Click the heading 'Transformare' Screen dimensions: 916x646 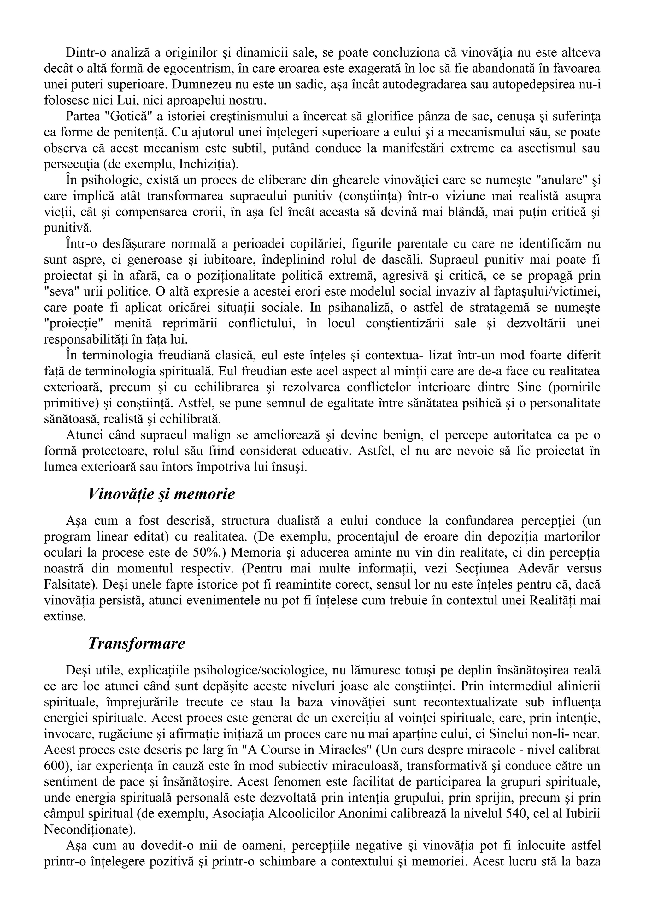136,643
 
